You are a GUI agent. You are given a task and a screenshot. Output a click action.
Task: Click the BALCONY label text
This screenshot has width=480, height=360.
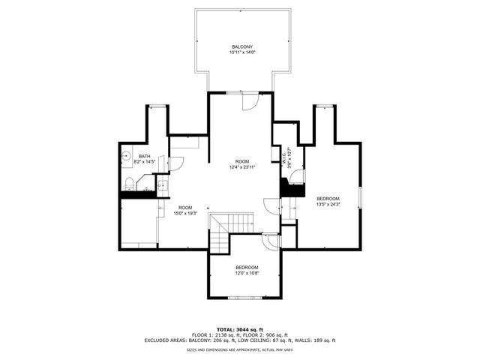click(x=242, y=46)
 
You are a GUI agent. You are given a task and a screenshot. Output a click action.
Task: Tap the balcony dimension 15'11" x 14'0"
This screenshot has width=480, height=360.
click(x=242, y=52)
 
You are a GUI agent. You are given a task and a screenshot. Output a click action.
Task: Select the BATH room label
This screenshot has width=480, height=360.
click(x=144, y=156)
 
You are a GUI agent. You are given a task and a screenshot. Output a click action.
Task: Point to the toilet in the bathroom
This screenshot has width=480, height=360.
click(x=129, y=182)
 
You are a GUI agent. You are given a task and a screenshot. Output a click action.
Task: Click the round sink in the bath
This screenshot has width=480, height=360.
click(x=126, y=157)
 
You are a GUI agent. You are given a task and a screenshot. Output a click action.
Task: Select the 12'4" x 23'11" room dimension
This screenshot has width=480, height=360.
click(x=242, y=167)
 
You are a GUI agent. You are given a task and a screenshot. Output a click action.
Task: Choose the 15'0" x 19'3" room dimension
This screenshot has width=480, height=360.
click(x=184, y=213)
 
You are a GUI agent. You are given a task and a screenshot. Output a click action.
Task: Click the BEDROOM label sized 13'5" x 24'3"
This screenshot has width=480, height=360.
click(x=328, y=199)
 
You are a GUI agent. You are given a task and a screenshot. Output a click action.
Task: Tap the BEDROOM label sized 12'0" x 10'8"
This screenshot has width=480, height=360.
click(x=247, y=268)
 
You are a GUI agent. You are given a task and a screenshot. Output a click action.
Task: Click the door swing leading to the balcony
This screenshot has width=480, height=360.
click(x=250, y=102)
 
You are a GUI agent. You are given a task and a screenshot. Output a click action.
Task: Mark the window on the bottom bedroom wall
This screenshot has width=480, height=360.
click(x=246, y=297)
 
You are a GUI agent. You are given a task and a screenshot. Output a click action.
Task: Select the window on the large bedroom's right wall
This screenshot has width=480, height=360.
click(x=361, y=196)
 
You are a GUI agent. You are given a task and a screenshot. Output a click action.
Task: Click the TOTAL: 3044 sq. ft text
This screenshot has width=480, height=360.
click(x=239, y=329)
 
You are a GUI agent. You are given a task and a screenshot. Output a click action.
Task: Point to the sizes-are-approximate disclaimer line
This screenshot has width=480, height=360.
click(x=239, y=349)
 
